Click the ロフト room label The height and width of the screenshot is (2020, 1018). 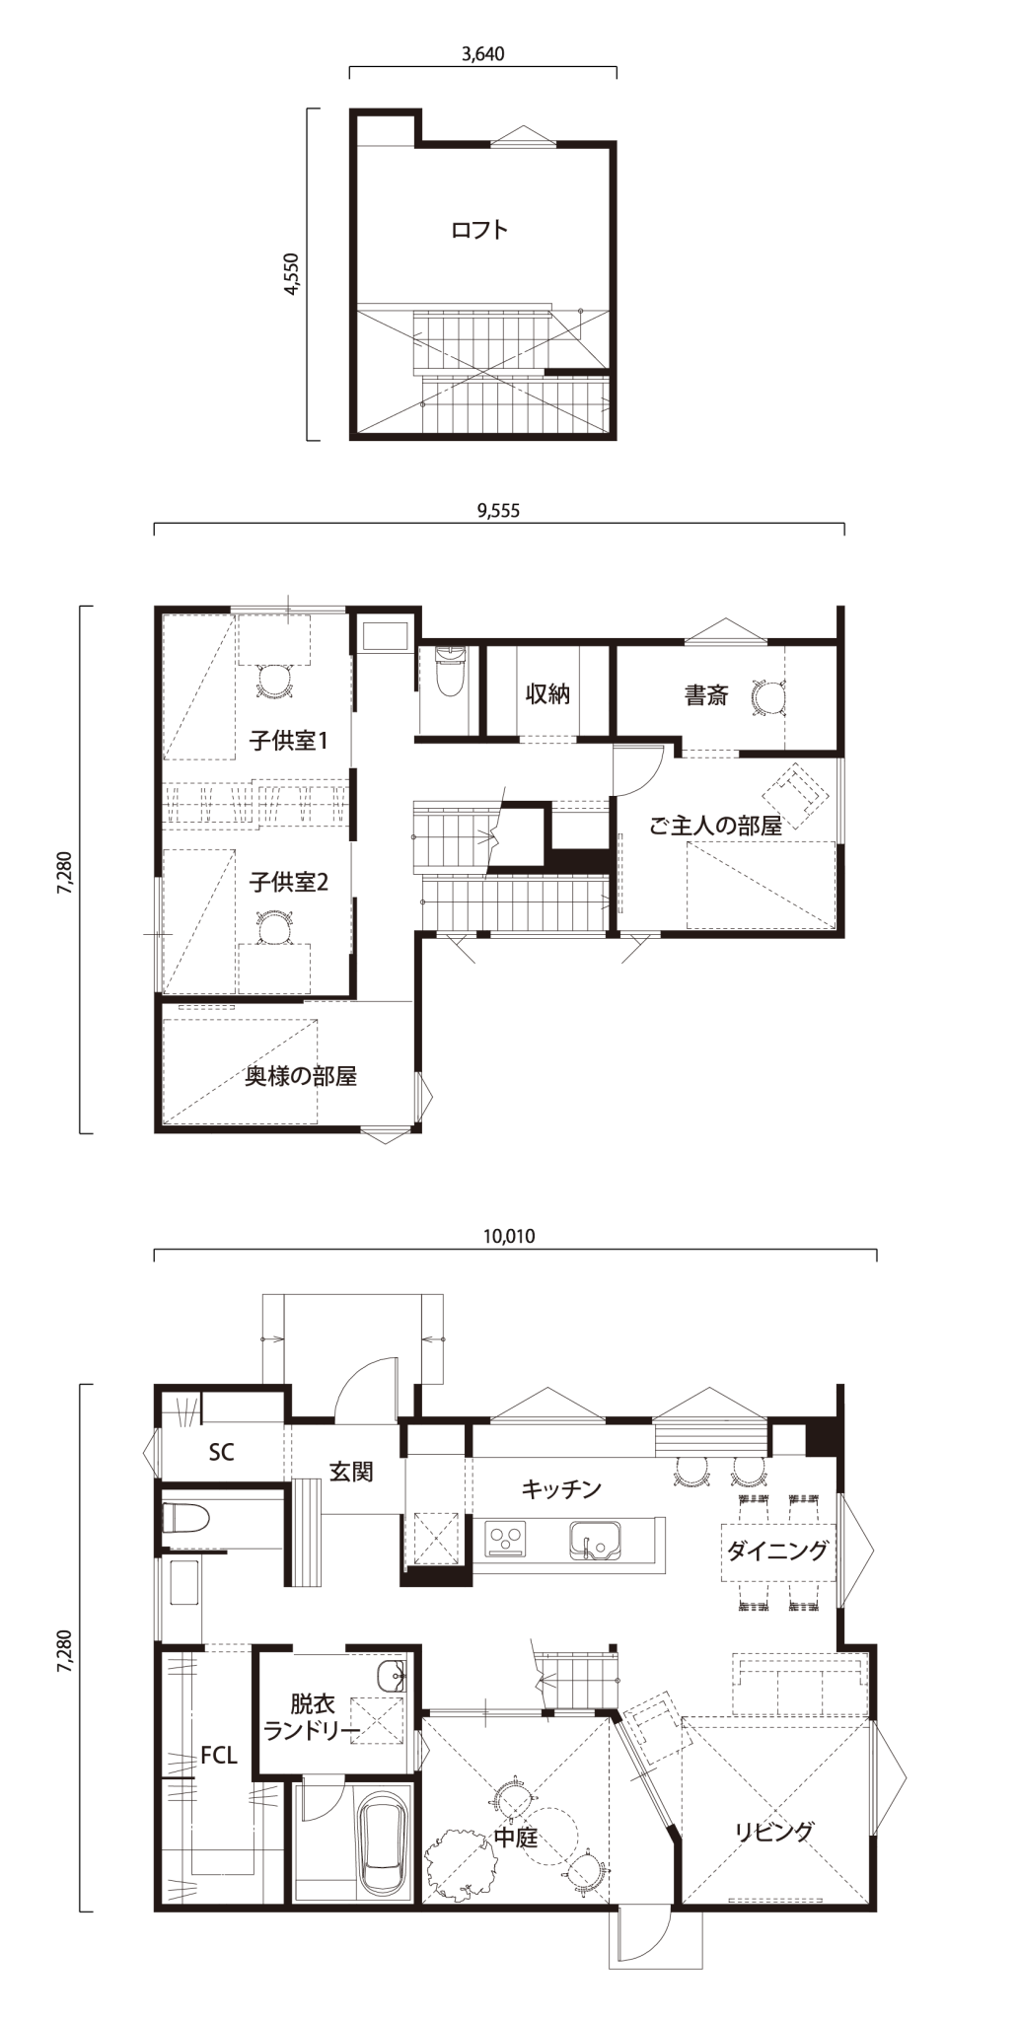[x=479, y=230]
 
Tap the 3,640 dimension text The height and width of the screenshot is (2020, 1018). [x=483, y=54]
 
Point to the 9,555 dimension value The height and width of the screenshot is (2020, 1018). [x=497, y=510]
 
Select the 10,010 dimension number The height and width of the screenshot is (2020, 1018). [x=510, y=1236]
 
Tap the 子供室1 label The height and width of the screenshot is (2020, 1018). [x=288, y=740]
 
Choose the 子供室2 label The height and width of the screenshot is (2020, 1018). [x=288, y=881]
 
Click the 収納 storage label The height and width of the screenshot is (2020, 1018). [x=547, y=693]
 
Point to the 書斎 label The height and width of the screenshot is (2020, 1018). [x=706, y=695]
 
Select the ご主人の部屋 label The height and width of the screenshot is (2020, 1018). [x=715, y=826]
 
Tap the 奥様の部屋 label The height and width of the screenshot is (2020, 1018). [x=301, y=1076]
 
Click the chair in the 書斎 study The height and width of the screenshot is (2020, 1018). [x=765, y=694]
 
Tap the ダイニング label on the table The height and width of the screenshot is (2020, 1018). [x=777, y=1550]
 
